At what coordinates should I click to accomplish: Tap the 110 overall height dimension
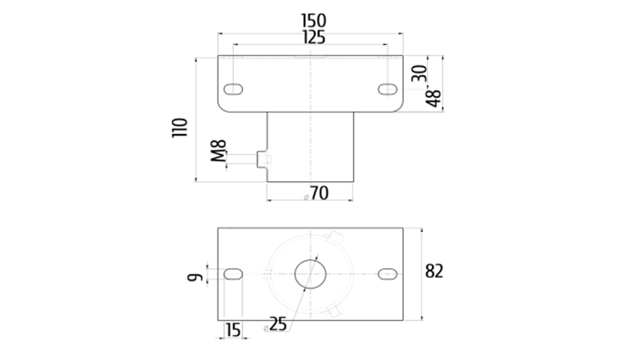tap(180, 127)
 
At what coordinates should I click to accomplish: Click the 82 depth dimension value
tap(435, 272)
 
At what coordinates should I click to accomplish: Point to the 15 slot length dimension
tap(232, 329)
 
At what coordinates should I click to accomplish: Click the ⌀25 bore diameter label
tap(276, 325)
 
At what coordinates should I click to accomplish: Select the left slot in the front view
tap(233, 89)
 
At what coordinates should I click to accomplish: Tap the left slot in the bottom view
tap(233, 273)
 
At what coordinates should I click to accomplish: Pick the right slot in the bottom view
tap(388, 273)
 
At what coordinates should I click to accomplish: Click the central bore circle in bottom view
tap(311, 273)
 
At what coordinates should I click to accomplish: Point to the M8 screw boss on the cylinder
tap(263, 159)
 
